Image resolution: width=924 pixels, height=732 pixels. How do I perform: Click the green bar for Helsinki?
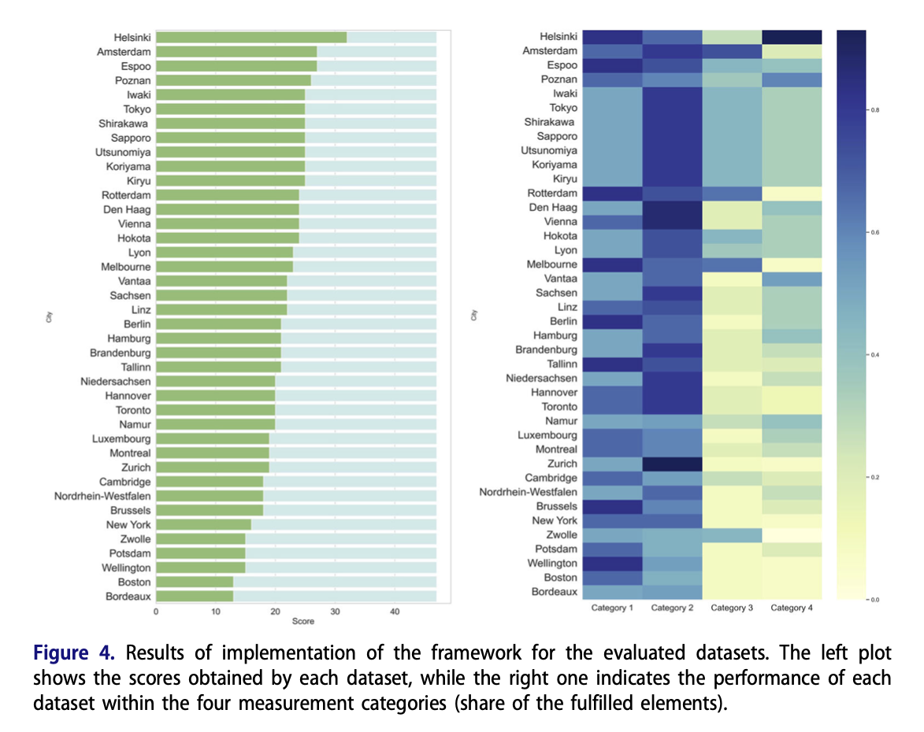(x=250, y=37)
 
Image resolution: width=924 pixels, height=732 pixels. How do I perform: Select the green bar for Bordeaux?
(x=194, y=597)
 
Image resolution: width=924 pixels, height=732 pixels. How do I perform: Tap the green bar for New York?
(x=203, y=525)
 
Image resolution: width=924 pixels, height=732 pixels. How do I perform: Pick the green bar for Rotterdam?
(x=227, y=195)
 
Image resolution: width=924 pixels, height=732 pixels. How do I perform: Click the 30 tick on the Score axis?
(x=335, y=612)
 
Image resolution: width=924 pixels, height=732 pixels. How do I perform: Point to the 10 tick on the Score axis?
(x=215, y=612)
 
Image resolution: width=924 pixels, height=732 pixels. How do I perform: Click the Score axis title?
(x=302, y=622)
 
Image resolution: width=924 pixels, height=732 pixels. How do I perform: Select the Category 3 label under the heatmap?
(x=732, y=608)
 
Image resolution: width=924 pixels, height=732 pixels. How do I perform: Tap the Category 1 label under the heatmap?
(x=612, y=608)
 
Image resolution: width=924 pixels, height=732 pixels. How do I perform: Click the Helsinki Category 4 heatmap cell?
(x=792, y=37)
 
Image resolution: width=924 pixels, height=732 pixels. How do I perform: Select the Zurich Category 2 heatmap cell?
(x=672, y=464)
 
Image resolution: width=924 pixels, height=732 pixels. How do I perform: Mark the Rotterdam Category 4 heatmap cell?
(x=792, y=194)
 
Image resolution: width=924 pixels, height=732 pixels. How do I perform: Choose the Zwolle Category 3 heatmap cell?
(x=732, y=535)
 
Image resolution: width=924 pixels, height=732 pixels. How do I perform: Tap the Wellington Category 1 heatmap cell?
(x=612, y=564)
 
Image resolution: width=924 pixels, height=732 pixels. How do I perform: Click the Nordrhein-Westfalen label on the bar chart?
(x=102, y=496)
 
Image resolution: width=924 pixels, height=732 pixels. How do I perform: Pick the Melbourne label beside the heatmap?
(x=547, y=264)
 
